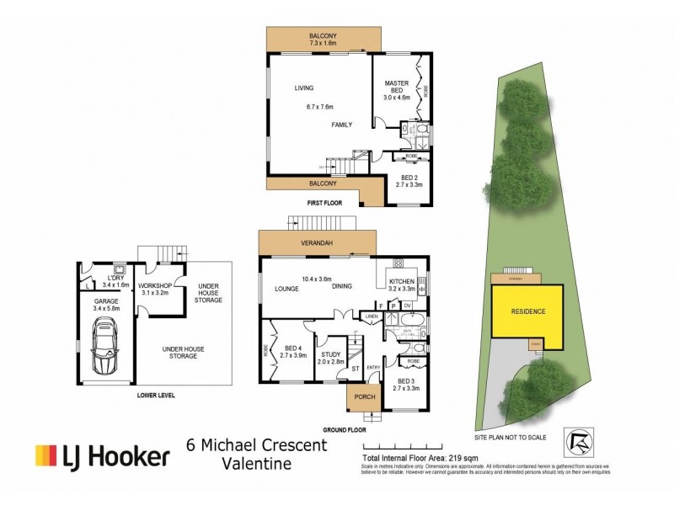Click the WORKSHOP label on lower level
[x=155, y=285]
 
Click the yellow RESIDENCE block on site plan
[x=528, y=311]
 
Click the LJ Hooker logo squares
[x=45, y=456]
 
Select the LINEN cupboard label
[x=370, y=316]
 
